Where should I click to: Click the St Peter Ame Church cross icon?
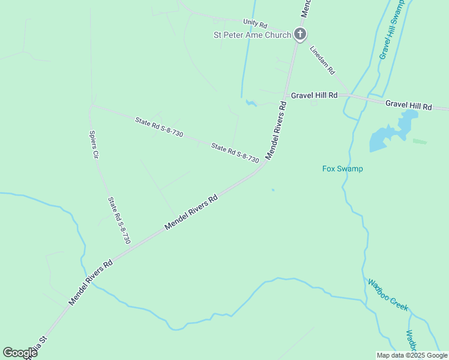(x=300, y=35)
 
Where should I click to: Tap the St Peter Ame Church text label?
(x=253, y=35)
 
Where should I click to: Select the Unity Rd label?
(x=255, y=22)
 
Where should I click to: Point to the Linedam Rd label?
(x=322, y=60)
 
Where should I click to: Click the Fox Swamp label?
(x=343, y=169)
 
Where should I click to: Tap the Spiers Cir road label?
(x=93, y=144)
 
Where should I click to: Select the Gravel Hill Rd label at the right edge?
(x=409, y=105)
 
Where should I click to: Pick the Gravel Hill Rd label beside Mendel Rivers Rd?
(x=314, y=95)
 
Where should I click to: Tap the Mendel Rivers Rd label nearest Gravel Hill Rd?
(x=277, y=130)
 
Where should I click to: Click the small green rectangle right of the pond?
(x=420, y=142)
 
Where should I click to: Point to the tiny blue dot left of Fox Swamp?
(x=273, y=190)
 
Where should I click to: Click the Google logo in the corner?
(x=20, y=353)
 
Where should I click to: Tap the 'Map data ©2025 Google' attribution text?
(x=412, y=355)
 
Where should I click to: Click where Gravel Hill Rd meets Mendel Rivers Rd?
(x=286, y=95)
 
